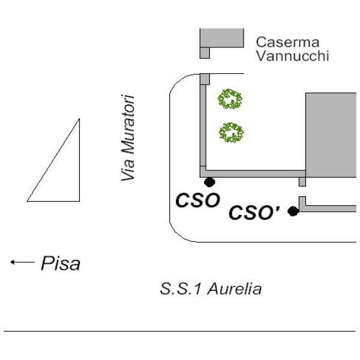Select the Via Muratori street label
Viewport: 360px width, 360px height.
pyautogui.click(x=127, y=137)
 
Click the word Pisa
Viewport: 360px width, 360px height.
pyautogui.click(x=59, y=263)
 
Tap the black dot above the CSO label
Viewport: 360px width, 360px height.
pyautogui.click(x=209, y=182)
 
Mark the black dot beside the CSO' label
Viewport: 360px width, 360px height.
pyautogui.click(x=293, y=211)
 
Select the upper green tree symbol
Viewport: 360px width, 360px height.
pyautogui.click(x=230, y=98)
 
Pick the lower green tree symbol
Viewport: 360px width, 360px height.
pyautogui.click(x=231, y=132)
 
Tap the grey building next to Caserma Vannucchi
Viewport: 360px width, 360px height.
pyautogui.click(x=222, y=37)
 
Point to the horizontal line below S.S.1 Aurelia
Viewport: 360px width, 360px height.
pyautogui.click(x=180, y=331)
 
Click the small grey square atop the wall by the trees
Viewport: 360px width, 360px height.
pyautogui.click(x=205, y=79)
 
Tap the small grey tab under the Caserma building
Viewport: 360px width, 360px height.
pyautogui.click(x=205, y=53)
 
